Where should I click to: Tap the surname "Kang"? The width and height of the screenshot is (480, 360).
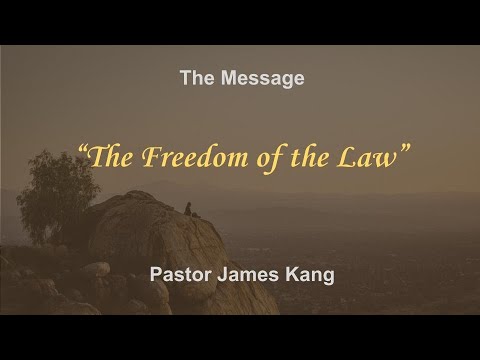pyautogui.click(x=313, y=271)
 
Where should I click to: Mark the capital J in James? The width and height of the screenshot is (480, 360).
pyautogui.click(x=225, y=271)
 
